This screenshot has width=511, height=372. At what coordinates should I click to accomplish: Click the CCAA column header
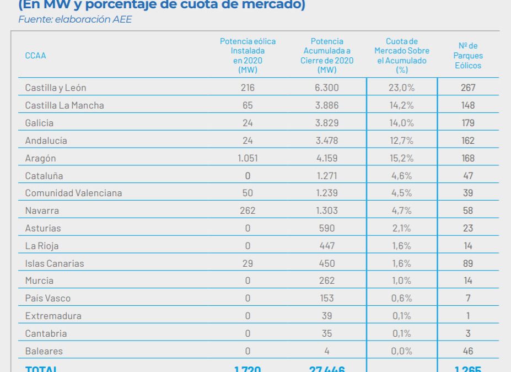pyautogui.click(x=35, y=56)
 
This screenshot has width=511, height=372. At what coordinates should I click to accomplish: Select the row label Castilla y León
pyautogui.click(x=56, y=88)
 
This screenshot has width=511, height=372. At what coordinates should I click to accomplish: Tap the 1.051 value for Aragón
pyautogui.click(x=248, y=158)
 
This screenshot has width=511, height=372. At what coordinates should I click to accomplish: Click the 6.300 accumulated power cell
pyautogui.click(x=327, y=88)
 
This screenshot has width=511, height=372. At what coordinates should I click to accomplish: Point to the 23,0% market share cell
pyautogui.click(x=402, y=88)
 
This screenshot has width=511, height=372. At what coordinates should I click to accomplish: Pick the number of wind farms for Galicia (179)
pyautogui.click(x=468, y=123)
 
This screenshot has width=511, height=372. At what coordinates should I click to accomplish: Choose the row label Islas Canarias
pyautogui.click(x=55, y=263)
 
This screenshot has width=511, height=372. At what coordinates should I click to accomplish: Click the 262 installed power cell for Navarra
pyautogui.click(x=248, y=211)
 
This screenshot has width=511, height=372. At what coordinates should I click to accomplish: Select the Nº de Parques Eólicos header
pyautogui.click(x=468, y=56)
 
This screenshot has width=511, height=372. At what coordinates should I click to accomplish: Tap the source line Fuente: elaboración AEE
pyautogui.click(x=75, y=20)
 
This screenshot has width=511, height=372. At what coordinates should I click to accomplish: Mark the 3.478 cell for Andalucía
pyautogui.click(x=327, y=141)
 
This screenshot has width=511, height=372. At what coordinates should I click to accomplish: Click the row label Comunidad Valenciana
pyautogui.click(x=73, y=193)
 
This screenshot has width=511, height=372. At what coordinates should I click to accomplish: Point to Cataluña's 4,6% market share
pyautogui.click(x=402, y=176)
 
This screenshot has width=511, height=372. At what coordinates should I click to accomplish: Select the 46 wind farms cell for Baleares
pyautogui.click(x=468, y=351)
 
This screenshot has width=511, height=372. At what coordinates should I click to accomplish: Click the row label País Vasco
pyautogui.click(x=48, y=298)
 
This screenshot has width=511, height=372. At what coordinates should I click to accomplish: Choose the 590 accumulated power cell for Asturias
pyautogui.click(x=327, y=228)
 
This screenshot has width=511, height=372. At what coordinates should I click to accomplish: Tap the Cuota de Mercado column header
pyautogui.click(x=402, y=56)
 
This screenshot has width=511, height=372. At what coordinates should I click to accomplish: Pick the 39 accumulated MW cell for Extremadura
pyautogui.click(x=327, y=316)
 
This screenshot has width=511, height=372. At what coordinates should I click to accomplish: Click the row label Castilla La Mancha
pyautogui.click(x=64, y=105)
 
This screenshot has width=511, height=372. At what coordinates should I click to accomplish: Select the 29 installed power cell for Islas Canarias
pyautogui.click(x=248, y=263)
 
